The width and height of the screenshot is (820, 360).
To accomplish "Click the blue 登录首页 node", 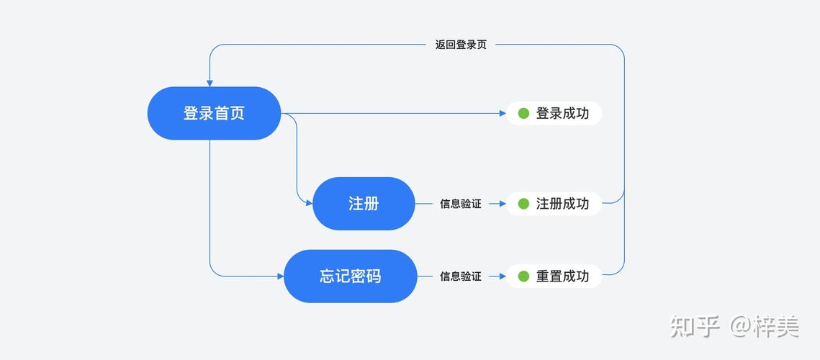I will click(214, 113).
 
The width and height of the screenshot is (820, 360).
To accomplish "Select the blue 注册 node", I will click(364, 204).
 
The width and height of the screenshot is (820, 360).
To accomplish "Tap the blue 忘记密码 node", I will click(351, 276).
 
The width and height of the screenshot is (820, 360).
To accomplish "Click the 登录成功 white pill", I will click(554, 113).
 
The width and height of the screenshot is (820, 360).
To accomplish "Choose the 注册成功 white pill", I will click(554, 204).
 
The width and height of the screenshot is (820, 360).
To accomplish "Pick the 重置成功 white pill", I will click(554, 276).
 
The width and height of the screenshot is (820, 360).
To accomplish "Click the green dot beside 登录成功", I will click(523, 113).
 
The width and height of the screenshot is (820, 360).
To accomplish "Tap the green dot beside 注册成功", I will click(523, 204).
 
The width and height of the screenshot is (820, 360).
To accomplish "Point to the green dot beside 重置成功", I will click(523, 276).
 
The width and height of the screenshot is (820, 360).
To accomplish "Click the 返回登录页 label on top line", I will click(461, 45).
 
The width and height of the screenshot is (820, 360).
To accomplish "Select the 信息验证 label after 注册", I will click(461, 204).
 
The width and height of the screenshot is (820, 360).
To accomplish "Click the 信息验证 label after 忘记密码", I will click(461, 276).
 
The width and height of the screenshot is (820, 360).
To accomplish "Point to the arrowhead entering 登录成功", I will click(503, 113).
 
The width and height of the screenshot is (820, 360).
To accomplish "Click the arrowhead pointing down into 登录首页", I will click(209, 83).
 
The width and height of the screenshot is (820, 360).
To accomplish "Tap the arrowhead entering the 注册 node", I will click(309, 204).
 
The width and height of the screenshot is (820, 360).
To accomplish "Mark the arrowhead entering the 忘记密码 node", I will click(280, 276).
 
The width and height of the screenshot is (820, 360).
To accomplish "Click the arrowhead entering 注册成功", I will click(503, 204).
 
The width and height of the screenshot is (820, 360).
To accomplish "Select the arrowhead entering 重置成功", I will click(503, 276).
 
